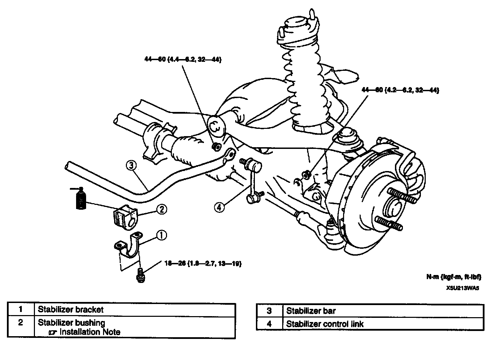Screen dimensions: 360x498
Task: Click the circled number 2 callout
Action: click(x=162, y=209)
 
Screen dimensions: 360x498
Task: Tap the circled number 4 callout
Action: click(x=219, y=207)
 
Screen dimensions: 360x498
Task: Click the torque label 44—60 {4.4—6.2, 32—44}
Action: click(x=183, y=60)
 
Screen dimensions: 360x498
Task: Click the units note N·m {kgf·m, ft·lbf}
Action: click(x=453, y=277)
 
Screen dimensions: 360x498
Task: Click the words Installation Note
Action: click(x=90, y=332)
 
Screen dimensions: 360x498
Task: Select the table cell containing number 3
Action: click(x=269, y=311)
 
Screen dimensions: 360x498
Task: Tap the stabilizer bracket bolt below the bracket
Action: click(x=140, y=275)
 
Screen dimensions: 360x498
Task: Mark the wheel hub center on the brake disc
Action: click(x=394, y=209)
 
